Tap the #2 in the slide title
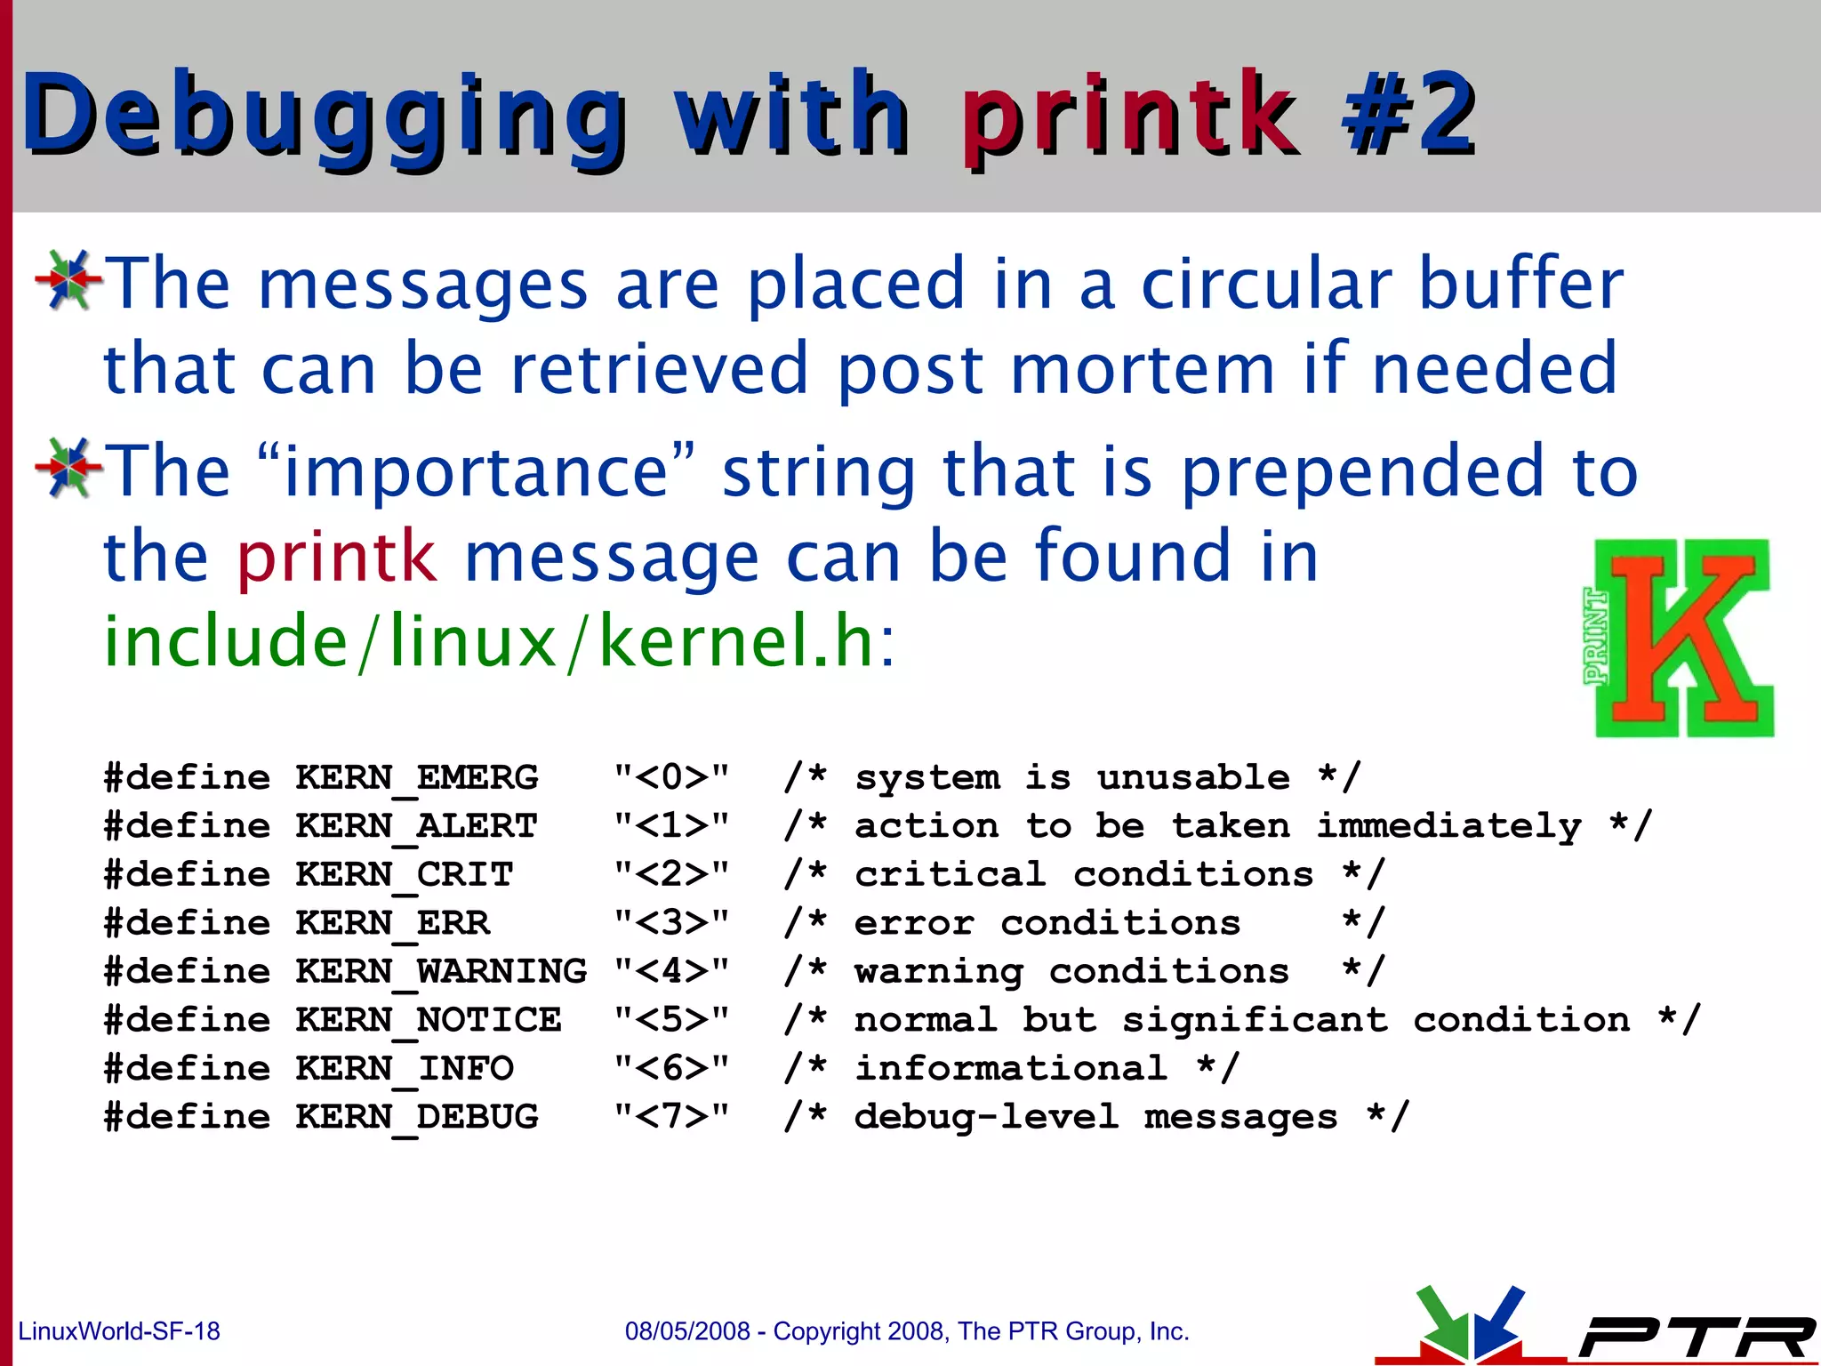click(1409, 116)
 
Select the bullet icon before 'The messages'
click(68, 280)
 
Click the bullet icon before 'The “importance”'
click(68, 468)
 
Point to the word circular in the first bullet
click(1266, 285)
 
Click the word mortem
click(1143, 369)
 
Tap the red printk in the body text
click(337, 558)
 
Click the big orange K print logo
click(1681, 639)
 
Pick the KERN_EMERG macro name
click(416, 778)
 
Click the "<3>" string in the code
click(671, 923)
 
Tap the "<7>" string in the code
click(671, 1117)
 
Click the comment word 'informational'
click(1010, 1068)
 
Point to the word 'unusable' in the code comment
click(1192, 778)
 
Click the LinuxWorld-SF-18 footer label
click(119, 1331)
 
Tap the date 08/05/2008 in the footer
click(686, 1331)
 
